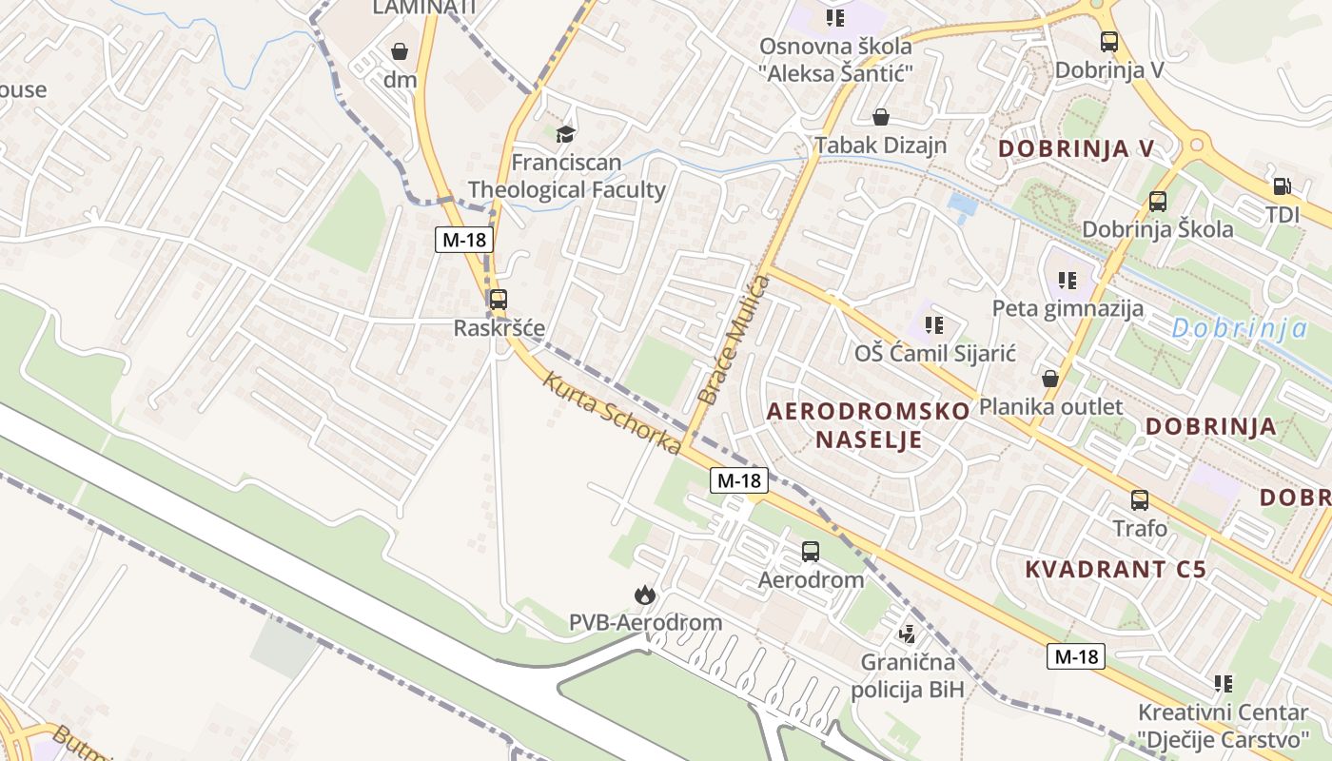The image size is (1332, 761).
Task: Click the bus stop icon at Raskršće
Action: [x=498, y=300]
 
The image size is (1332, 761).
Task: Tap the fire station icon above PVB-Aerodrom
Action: [x=645, y=595]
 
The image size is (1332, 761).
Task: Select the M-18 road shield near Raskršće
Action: [x=464, y=240]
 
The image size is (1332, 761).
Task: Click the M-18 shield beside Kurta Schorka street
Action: [x=739, y=480]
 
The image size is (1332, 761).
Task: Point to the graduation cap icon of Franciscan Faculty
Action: [x=566, y=134]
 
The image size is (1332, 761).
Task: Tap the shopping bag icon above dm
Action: [x=400, y=50]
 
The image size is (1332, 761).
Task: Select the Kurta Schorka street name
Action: [x=612, y=413]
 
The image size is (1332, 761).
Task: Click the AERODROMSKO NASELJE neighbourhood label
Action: [x=868, y=424]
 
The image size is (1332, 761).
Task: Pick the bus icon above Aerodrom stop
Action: [x=811, y=551]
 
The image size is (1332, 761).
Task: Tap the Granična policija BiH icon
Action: [x=908, y=633]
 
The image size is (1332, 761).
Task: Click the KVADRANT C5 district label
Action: [x=1115, y=569]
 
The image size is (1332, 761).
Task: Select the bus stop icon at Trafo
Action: [x=1139, y=499]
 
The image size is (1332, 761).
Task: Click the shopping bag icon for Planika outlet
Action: [x=1050, y=379]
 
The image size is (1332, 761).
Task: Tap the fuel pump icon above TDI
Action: [x=1282, y=186]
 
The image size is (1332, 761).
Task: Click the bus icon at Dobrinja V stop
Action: [x=1109, y=41]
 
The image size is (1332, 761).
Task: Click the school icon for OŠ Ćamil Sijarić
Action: [x=934, y=325]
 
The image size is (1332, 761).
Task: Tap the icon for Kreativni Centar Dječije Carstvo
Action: [x=1224, y=683]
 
